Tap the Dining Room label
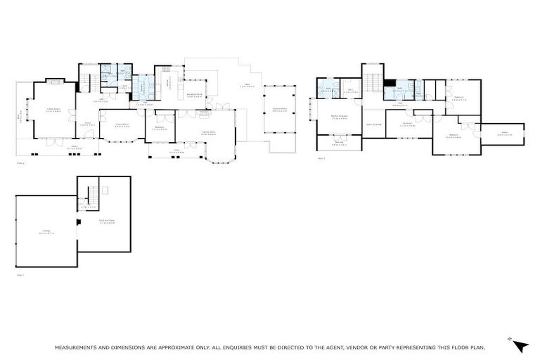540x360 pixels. pyautogui.click(x=123, y=126)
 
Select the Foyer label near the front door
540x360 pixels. pyautogui.click(x=89, y=124)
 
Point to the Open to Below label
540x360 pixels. pyautogui.click(x=373, y=124)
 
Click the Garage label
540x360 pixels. pyautogui.click(x=46, y=232)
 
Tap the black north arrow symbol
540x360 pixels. pyautogui.click(x=520, y=345)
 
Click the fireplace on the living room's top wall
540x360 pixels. pyautogui.click(x=53, y=82)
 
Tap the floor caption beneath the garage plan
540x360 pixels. pyautogui.click(x=20, y=275)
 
